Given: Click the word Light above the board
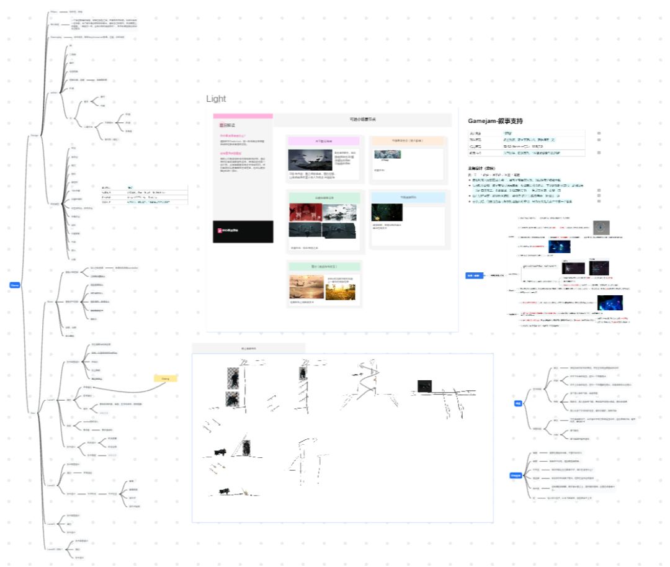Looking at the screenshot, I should coord(217,99).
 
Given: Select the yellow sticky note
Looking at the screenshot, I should coord(166,378).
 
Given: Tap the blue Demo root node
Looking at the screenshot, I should coord(14,285).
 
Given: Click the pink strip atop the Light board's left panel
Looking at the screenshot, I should coord(243,116).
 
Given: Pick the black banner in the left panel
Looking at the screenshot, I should coord(243,231).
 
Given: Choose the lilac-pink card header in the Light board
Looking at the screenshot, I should coord(323,141).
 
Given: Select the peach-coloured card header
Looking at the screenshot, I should coord(408,141).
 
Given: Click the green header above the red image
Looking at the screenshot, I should coord(323,197).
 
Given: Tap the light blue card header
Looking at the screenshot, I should coord(408,197).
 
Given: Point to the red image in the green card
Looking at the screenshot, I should coord(305,213).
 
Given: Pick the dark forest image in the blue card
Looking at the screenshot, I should coord(387,213).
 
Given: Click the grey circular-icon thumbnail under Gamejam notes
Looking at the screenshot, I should coord(601,228).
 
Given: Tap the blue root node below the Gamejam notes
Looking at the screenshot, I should coord(473,275).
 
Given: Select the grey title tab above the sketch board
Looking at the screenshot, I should coord(248,348).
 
